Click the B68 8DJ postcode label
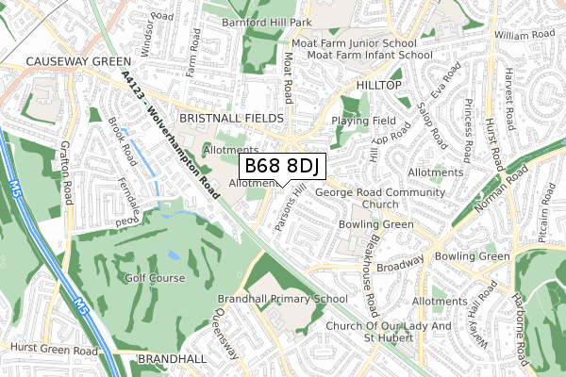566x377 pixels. coord(283,167)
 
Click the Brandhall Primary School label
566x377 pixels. coord(283,299)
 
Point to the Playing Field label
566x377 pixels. coord(363,122)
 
